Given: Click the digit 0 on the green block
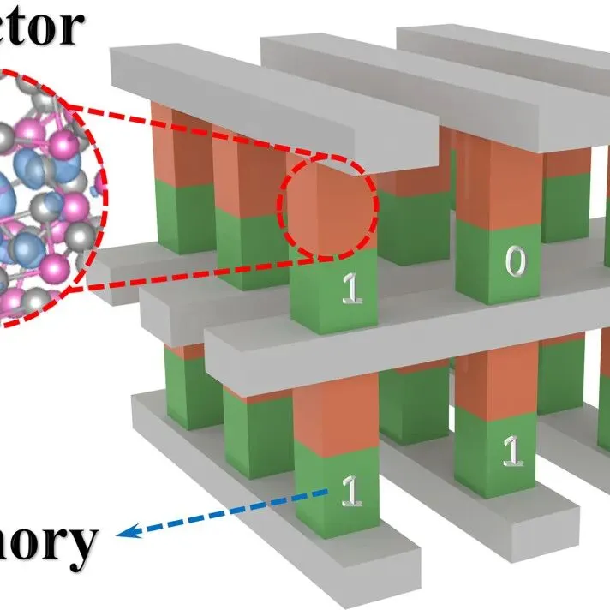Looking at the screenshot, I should pyautogui.click(x=514, y=260).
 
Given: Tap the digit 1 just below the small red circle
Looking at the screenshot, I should pyautogui.click(x=352, y=289).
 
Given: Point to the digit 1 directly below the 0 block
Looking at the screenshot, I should pyautogui.click(x=512, y=449).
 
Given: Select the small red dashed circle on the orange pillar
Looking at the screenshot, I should pyautogui.click(x=326, y=206).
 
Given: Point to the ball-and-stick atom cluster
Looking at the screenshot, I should pyautogui.click(x=47, y=197).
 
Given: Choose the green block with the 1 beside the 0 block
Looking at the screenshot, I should pyautogui.click(x=334, y=291).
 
